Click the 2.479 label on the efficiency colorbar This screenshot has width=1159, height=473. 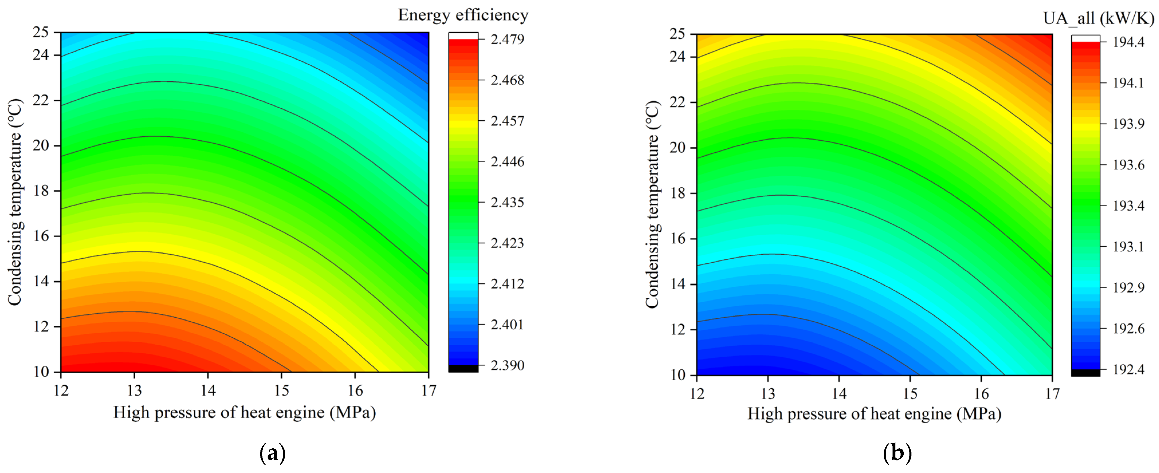coord(507,39)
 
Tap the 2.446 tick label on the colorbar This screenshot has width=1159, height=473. coord(507,162)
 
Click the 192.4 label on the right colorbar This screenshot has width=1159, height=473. coord(1128,370)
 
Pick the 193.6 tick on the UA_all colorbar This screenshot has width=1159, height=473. coord(1128,165)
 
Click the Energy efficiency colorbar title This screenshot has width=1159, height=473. coord(463,15)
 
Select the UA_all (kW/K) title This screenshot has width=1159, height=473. coord(1098,18)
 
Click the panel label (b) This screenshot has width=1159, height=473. coord(897,453)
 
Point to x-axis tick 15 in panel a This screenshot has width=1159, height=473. coord(282,390)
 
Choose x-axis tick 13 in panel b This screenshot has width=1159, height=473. coord(768,394)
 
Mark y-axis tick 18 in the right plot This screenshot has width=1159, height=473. coord(677,193)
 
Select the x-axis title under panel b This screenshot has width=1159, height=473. coord(874,414)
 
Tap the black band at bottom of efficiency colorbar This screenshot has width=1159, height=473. coord(463,369)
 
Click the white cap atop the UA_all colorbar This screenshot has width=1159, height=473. coord(1085,38)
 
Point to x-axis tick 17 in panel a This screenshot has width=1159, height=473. coord(429,390)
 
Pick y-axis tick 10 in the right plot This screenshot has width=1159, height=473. coord(677,375)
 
